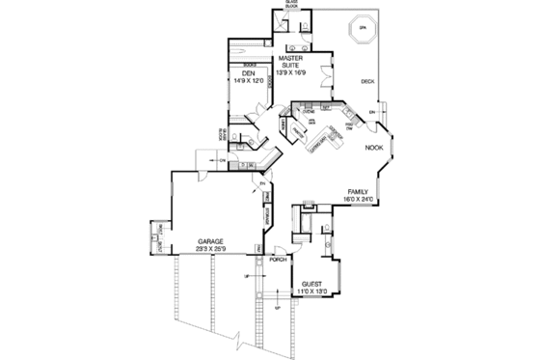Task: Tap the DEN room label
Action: [249, 74]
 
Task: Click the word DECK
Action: [367, 82]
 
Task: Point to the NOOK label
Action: [373, 147]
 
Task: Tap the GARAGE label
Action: [212, 240]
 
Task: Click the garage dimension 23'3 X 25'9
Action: [212, 249]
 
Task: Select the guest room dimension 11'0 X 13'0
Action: [310, 290]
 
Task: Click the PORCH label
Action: [280, 261]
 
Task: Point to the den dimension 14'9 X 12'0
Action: [249, 82]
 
